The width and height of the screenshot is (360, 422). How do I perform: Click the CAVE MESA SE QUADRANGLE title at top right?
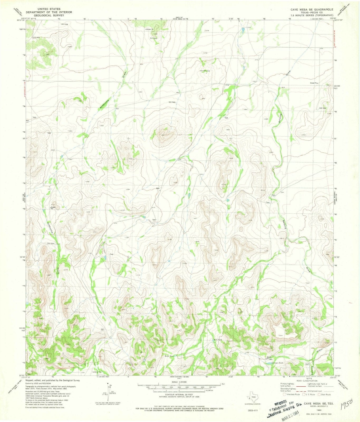pos(312,9)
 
